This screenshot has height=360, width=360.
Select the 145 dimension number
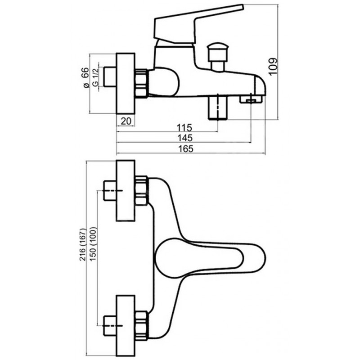pyautogui.click(x=184, y=138)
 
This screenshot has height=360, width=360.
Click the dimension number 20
pyautogui.click(x=126, y=120)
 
